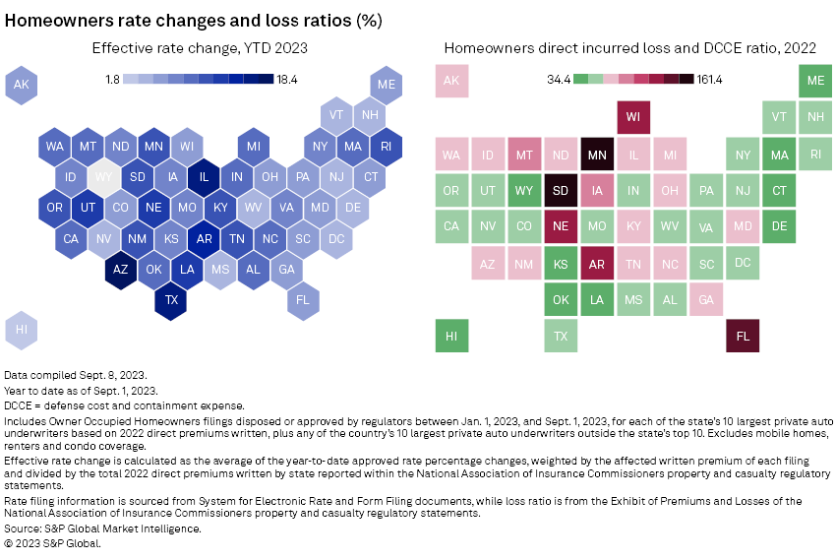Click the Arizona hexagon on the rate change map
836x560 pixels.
tap(120, 269)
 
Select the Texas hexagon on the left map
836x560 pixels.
tap(170, 299)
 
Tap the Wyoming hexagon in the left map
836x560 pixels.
tap(103, 177)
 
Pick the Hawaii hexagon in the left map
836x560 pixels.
tap(21, 330)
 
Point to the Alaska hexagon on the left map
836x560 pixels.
tap(21, 86)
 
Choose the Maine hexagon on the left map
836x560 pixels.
tap(387, 86)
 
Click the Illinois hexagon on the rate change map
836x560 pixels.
tap(204, 177)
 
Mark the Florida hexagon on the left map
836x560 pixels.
tap(303, 299)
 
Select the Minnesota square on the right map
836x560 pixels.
tap(597, 155)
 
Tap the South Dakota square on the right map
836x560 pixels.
tap(561, 191)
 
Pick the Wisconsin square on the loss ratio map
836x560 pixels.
tap(633, 118)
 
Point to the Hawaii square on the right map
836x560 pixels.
tap(451, 336)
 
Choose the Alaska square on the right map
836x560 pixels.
tap(451, 82)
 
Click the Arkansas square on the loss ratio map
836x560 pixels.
tap(597, 264)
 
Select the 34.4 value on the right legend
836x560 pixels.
tap(558, 80)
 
